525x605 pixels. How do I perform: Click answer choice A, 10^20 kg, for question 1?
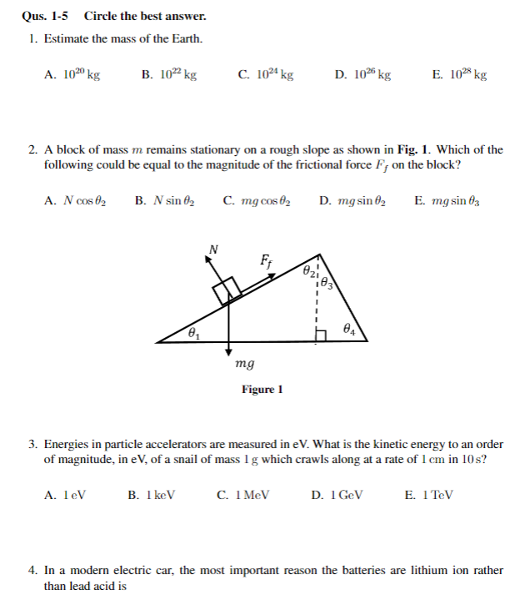pos(72,74)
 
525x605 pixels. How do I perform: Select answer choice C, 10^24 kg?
pos(266,74)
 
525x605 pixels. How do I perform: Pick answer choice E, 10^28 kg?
pos(460,74)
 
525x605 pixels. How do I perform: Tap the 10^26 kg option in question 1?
pos(363,74)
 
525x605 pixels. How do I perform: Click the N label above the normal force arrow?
pos(214,248)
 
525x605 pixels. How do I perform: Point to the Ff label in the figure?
pos(267,260)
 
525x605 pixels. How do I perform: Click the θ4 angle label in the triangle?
pos(348,329)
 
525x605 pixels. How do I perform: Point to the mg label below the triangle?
pos(245,364)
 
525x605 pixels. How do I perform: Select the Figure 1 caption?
pos(262,390)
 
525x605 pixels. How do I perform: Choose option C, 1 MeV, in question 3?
pos(243,494)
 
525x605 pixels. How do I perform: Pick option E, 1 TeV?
pos(429,494)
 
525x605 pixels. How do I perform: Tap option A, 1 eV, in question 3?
pos(65,494)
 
